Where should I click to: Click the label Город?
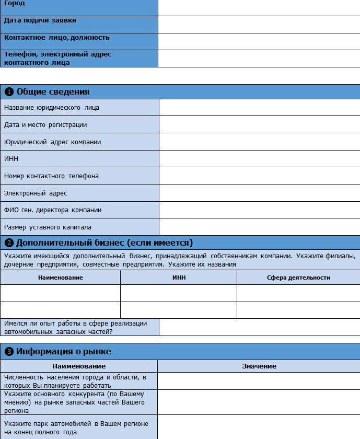tap(15, 4)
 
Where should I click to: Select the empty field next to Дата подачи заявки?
tap(259, 25)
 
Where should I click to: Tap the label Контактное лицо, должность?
tap(56, 38)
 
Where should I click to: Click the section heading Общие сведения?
tap(53, 92)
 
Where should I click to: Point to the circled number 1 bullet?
tap(9, 92)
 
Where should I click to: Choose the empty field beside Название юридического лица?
tap(259, 108)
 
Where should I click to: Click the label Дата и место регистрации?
tap(45, 125)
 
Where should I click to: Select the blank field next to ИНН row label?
tap(259, 159)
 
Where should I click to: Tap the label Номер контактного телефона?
tap(51, 176)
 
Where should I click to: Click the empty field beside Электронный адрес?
tap(259, 193)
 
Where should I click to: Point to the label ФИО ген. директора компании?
tap(53, 210)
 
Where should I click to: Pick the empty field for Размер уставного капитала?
tap(259, 227)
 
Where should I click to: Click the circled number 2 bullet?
tap(9, 243)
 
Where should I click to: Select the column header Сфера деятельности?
tap(298, 278)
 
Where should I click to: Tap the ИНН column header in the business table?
tap(179, 278)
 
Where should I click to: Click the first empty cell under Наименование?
tap(60, 293)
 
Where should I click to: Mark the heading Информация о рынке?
tap(63, 351)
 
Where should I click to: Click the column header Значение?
tap(259, 366)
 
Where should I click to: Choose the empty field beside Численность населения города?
tap(259, 382)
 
